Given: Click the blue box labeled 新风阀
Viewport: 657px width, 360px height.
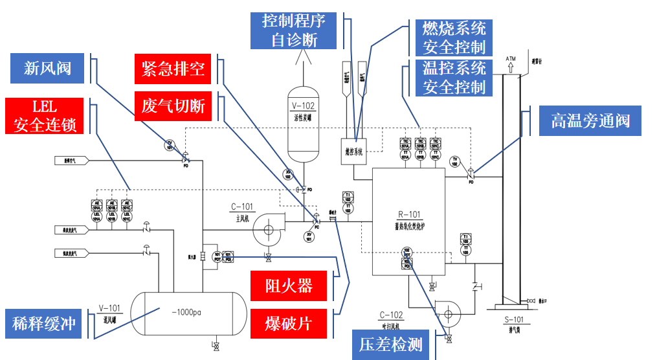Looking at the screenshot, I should coord(47,68).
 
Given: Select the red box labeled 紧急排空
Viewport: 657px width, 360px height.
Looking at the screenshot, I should coord(173,69).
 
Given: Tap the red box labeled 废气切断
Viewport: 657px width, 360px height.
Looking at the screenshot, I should coord(173,106).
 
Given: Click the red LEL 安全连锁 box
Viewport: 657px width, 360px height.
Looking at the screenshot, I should coord(45,116).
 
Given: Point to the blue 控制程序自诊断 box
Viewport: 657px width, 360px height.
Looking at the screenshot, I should coord(294,30).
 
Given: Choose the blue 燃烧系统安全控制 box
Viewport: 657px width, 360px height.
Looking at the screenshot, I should coord(453,38).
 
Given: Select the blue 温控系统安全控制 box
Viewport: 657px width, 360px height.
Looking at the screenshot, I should coord(453,77).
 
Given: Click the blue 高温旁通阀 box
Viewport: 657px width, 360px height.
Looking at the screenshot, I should coord(590,120).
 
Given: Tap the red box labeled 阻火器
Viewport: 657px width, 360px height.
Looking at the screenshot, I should coord(289,286).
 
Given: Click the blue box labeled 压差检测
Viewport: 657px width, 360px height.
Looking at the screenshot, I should coord(390,344).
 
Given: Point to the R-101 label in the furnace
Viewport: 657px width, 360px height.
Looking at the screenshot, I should coord(409,214).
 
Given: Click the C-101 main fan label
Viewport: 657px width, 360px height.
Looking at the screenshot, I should coord(242,207).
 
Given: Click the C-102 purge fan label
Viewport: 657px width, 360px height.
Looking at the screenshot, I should coord(392,315).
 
